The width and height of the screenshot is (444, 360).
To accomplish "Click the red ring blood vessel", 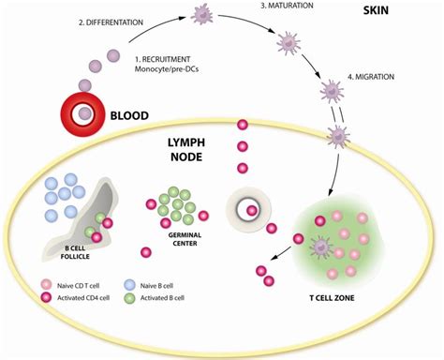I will point(84,113).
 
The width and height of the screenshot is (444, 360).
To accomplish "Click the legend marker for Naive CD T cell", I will point(47,282).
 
